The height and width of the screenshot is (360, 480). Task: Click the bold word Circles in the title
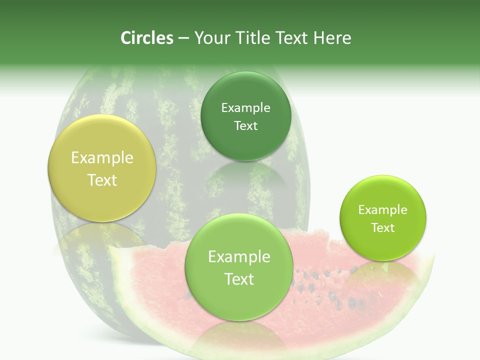146,38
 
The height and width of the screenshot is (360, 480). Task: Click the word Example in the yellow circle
102,158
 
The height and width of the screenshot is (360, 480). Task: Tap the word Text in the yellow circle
102,180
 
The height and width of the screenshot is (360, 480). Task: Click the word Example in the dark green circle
245,108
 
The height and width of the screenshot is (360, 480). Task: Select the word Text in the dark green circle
245,126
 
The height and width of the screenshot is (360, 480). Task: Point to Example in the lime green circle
382,210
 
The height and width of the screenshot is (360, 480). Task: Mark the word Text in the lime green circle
382,228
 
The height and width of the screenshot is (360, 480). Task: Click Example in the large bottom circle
239,257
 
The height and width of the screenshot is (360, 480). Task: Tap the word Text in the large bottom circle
239,279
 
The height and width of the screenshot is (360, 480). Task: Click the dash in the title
183,38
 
